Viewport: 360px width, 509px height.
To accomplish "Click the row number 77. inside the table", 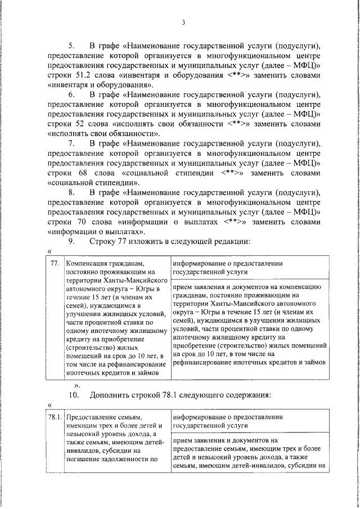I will click(x=55, y=263).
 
